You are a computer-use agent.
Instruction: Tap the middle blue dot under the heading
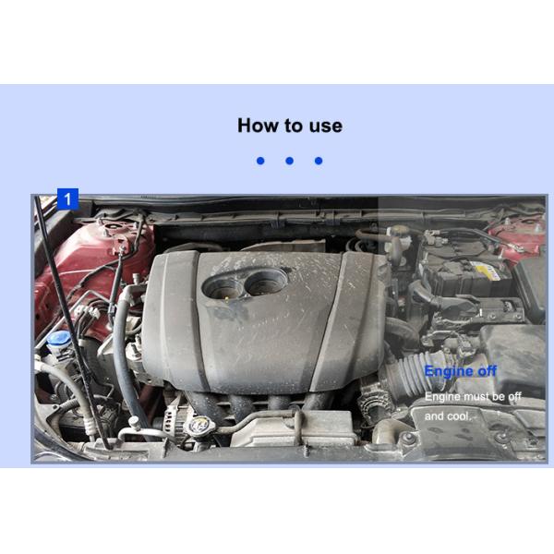[289, 161]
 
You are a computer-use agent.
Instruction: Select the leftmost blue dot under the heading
[260, 161]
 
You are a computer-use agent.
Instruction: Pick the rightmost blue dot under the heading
[319, 161]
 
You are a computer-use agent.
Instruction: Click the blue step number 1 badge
[67, 199]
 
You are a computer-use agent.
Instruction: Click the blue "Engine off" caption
[461, 371]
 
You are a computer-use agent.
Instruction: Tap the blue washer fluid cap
[59, 339]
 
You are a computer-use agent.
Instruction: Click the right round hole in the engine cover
[266, 282]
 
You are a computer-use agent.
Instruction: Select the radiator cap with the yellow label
[200, 425]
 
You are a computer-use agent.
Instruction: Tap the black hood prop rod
[71, 321]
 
